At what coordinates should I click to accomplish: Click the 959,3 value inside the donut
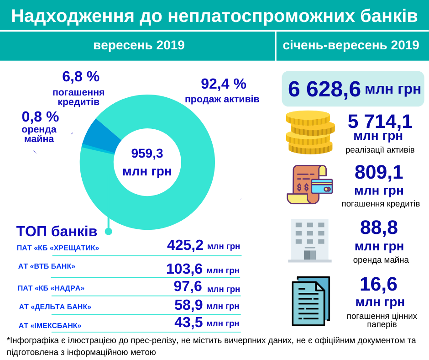(x=147, y=154)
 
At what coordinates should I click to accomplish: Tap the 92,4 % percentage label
(x=223, y=84)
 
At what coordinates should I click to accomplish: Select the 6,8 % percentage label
(x=81, y=77)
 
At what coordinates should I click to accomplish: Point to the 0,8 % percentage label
(x=40, y=117)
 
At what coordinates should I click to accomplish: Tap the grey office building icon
(x=310, y=240)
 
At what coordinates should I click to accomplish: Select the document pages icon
(x=310, y=300)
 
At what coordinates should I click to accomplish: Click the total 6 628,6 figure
(x=324, y=89)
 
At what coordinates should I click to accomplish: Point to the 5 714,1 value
(x=380, y=122)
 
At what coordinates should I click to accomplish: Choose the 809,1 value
(x=379, y=173)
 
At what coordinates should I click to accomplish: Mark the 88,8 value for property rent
(x=379, y=228)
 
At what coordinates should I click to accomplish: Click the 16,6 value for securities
(x=378, y=284)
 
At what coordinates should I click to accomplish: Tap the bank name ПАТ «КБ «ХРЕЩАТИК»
(x=58, y=248)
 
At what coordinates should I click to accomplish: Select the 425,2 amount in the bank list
(x=185, y=245)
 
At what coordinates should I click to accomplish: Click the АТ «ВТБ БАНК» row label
(x=47, y=266)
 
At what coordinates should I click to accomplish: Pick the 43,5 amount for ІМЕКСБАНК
(x=188, y=322)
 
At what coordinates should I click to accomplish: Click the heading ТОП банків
(x=57, y=231)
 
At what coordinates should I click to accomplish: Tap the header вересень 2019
(x=139, y=45)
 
